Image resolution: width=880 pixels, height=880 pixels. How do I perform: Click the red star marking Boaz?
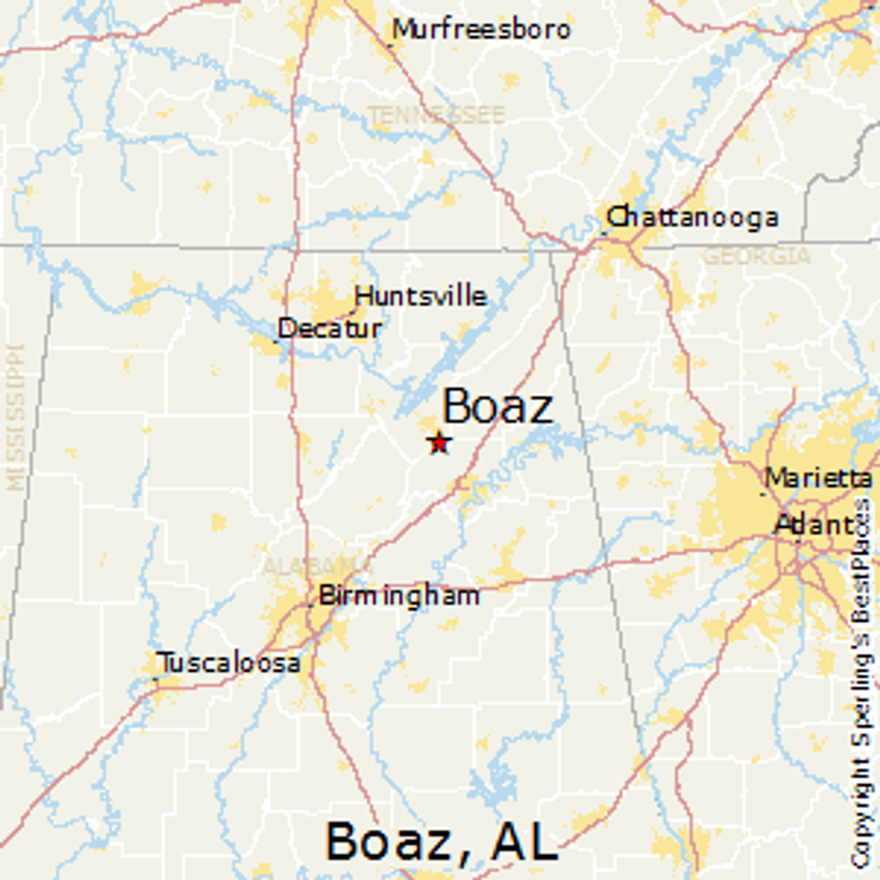click(439, 443)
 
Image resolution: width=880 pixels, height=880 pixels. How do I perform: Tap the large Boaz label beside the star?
click(497, 407)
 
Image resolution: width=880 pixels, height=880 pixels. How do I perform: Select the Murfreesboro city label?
click(481, 30)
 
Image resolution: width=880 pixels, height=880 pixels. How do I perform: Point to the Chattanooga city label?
click(692, 217)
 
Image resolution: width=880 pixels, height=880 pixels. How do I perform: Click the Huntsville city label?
click(421, 295)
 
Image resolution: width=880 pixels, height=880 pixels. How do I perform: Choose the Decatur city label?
click(330, 329)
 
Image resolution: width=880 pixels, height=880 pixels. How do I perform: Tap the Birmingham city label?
click(399, 595)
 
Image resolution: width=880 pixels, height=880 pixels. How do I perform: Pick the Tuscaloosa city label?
click(229, 664)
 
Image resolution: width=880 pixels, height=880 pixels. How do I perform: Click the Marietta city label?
click(817, 477)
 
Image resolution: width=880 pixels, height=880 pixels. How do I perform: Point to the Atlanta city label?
click(815, 524)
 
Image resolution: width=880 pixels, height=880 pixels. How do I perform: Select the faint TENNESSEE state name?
click(436, 115)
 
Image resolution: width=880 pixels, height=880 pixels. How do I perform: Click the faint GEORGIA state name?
click(756, 257)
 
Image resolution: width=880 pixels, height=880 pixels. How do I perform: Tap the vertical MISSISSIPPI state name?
click(15, 417)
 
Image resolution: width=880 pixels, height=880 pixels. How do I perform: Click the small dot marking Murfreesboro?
click(391, 42)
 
